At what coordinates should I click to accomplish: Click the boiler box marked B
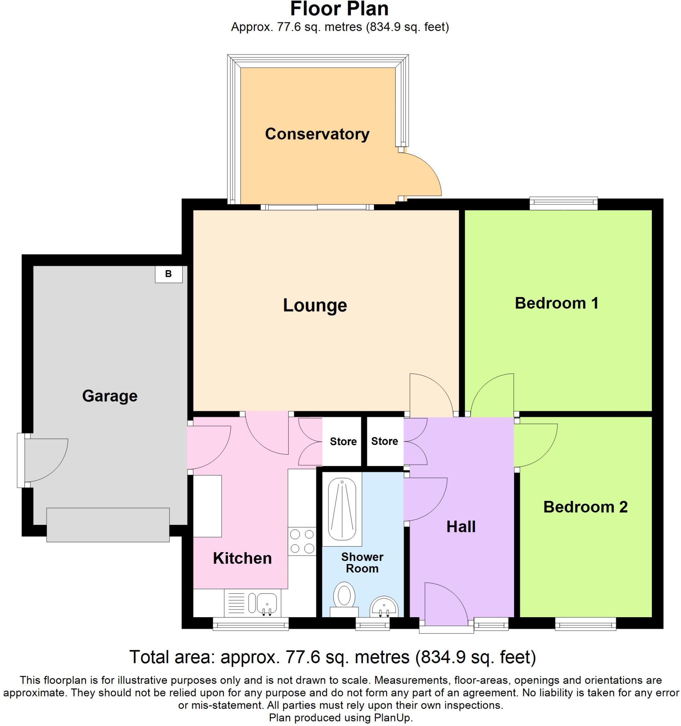pos(168,274)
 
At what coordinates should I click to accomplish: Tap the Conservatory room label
pos(317,134)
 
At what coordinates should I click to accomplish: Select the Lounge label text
pos(315,305)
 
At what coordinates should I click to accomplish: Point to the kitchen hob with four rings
pos(302,541)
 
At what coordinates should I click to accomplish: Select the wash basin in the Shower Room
pos(384,606)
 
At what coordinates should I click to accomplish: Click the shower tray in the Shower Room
pos(342,510)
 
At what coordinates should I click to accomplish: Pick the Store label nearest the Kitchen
pos(343,441)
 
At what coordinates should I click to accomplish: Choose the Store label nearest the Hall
pos(385,441)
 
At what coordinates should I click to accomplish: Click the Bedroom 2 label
pos(585,507)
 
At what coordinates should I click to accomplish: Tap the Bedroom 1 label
pos(557,303)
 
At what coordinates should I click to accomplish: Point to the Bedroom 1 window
pos(563,203)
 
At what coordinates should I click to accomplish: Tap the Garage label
pos(110,396)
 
